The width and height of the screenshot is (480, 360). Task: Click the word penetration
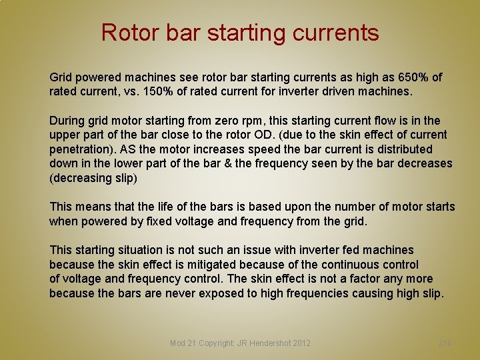pyautogui.click(x=81, y=149)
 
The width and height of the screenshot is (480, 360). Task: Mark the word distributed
pyautogui.click(x=404, y=149)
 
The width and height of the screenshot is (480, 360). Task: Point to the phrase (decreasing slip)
pyautogui.click(x=94, y=178)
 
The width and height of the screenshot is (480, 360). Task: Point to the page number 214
pyautogui.click(x=445, y=343)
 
